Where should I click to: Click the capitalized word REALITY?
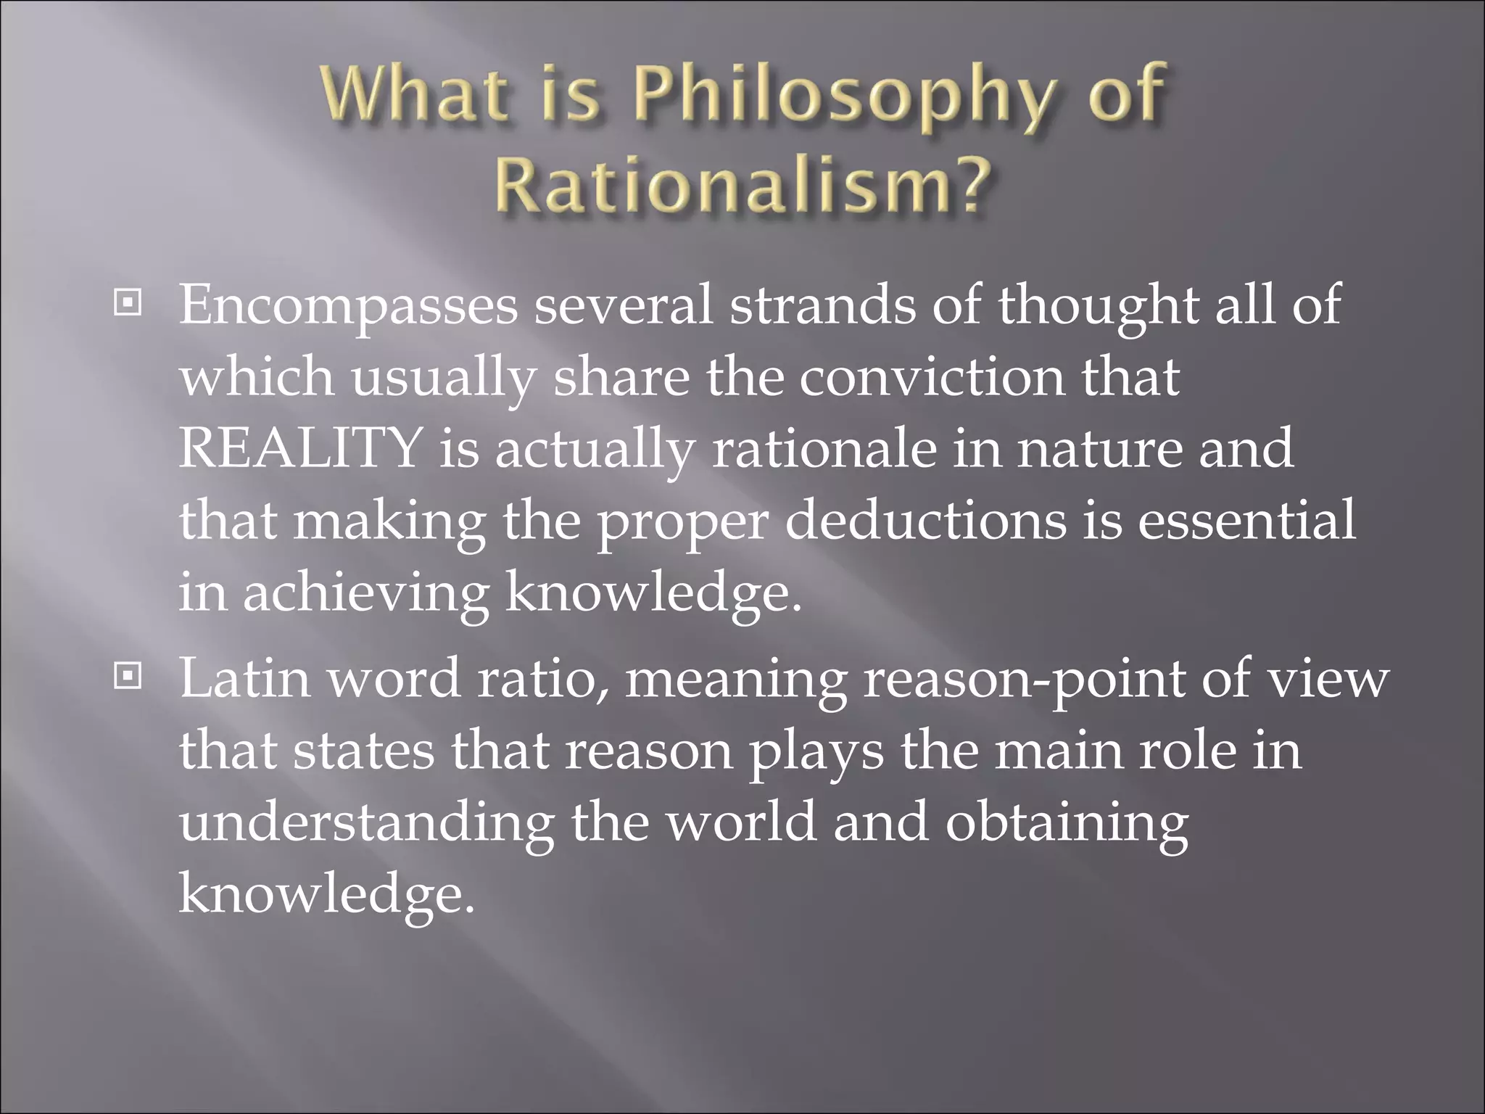tap(300, 447)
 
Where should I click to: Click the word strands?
tap(822, 305)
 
